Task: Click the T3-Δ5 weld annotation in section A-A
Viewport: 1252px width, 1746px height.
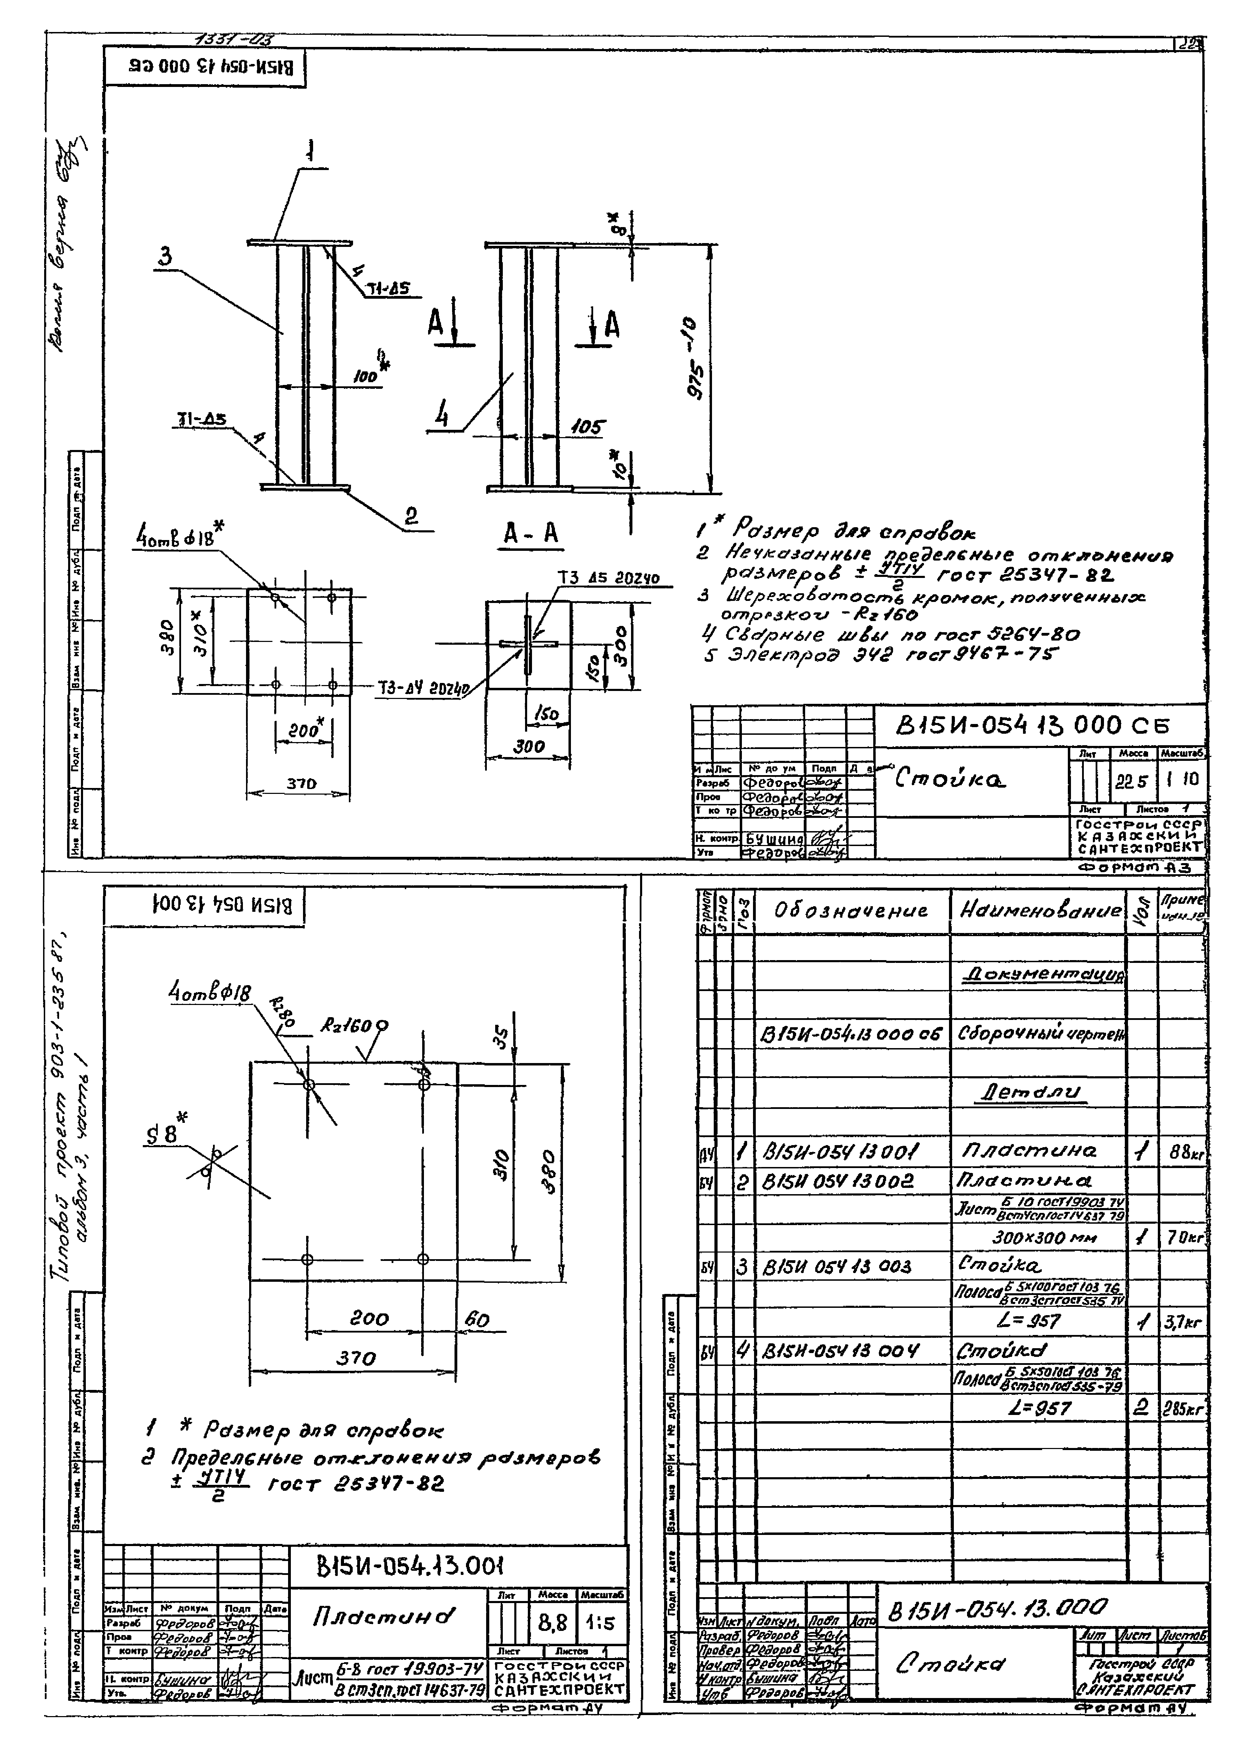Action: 608,578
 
